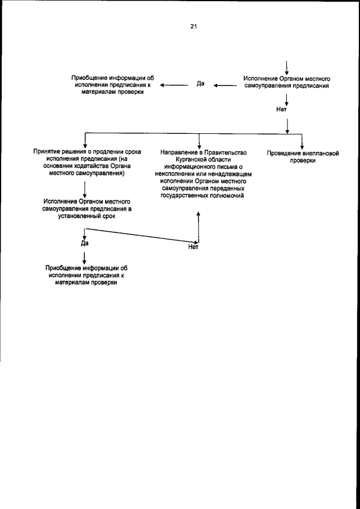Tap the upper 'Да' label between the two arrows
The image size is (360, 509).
pyautogui.click(x=200, y=84)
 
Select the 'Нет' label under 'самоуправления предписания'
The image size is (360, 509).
pyautogui.click(x=282, y=110)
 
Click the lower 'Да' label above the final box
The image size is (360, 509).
pyautogui.click(x=84, y=243)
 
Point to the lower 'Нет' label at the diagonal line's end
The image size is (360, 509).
pyautogui.click(x=193, y=247)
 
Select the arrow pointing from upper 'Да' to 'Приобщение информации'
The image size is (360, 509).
pyautogui.click(x=173, y=85)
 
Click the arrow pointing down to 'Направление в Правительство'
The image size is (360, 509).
pyautogui.click(x=198, y=141)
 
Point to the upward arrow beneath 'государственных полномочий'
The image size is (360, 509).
pyautogui.click(x=198, y=225)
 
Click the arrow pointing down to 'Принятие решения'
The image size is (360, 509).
pyautogui.click(x=84, y=141)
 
